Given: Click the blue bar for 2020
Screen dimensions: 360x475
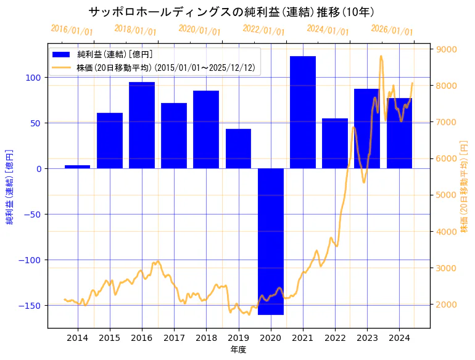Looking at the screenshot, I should coord(270,241).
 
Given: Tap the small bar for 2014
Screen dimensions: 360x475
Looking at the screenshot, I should coord(77,166).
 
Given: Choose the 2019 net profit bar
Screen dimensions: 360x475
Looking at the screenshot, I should coord(238,149).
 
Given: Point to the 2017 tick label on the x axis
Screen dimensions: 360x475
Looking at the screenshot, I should coord(174,337).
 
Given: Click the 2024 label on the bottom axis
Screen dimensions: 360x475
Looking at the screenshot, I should coord(399,337).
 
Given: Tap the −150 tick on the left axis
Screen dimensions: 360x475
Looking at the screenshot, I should coord(32,306).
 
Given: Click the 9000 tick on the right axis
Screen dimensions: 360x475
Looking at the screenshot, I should coord(446,49).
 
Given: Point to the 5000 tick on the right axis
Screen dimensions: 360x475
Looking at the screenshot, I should coord(446,195).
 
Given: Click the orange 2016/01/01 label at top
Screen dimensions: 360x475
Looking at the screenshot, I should coord(72,30).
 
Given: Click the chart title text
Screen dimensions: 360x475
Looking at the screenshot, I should coord(231,12).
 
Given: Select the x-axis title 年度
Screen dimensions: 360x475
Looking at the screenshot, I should coord(238,350).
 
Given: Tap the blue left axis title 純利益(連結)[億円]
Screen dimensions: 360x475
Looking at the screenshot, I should coord(10,186).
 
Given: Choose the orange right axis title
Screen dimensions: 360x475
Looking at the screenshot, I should coord(465,186).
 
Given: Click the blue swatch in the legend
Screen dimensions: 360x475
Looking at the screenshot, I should coord(61,55).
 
